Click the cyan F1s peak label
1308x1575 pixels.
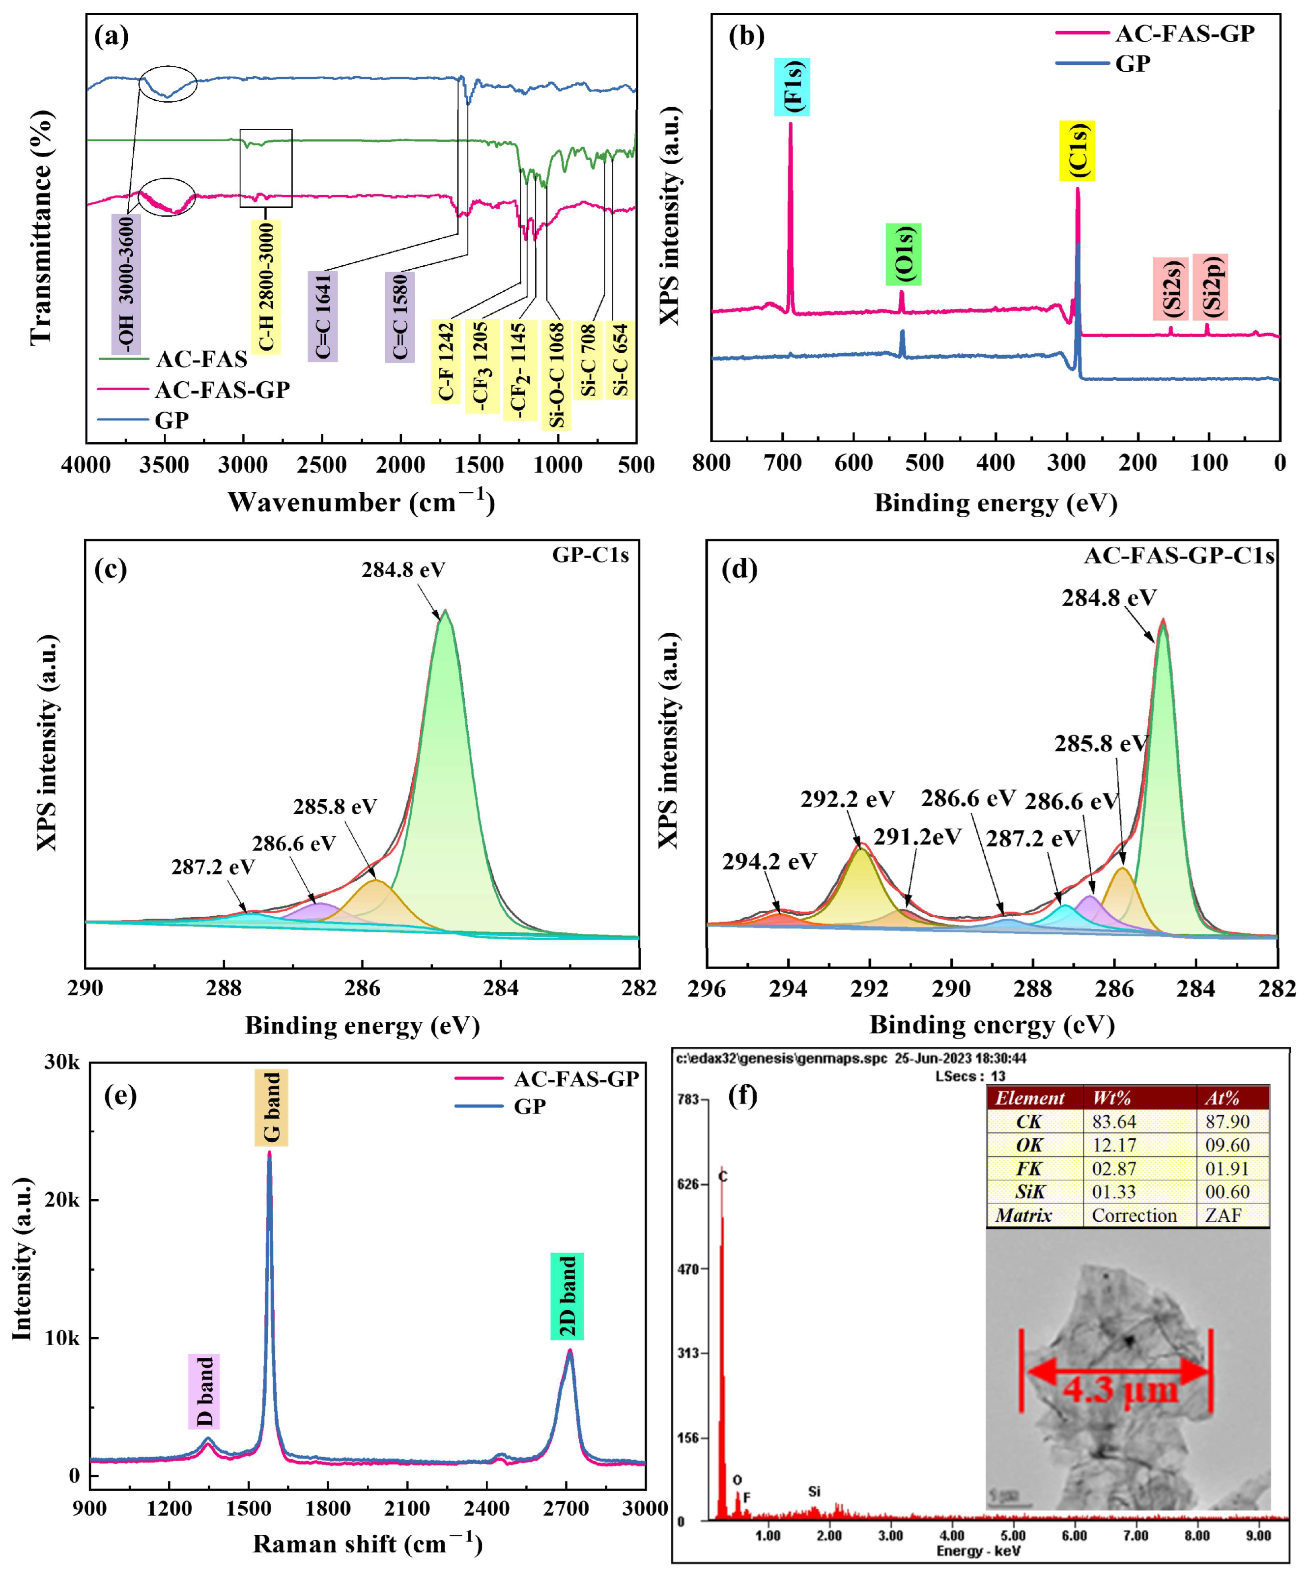[x=792, y=87]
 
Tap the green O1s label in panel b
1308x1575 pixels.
[x=903, y=254]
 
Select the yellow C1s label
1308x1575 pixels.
[x=1077, y=151]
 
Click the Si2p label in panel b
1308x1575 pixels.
[x=1210, y=286]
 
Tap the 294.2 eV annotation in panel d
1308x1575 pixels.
[x=769, y=862]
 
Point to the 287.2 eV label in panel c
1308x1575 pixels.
[x=212, y=867]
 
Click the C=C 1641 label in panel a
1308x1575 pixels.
[x=322, y=316]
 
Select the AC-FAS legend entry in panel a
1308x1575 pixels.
[x=201, y=359]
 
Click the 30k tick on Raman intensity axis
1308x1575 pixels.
[x=61, y=1063]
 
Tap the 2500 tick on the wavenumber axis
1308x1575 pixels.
[x=322, y=465]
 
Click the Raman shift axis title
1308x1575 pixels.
[x=368, y=1544]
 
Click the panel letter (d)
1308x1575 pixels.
[x=738, y=569]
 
